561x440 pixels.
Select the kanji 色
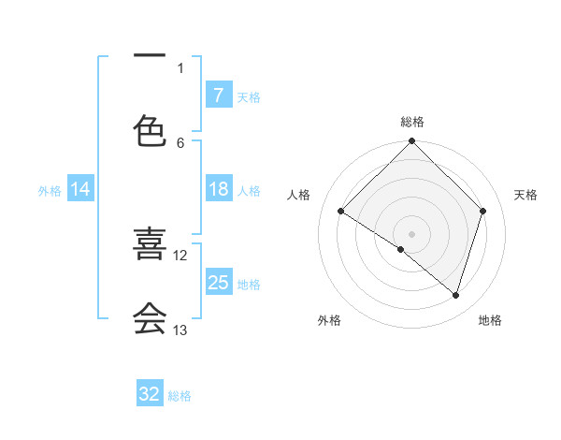150,133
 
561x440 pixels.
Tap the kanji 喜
150,245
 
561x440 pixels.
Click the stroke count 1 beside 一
180,67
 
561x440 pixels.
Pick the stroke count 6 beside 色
180,142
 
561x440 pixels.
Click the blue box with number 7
218,95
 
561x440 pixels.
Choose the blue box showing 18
218,190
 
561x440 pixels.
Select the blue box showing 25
218,283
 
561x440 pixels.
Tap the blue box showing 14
80,190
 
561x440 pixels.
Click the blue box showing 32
150,394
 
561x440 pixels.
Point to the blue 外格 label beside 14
50,191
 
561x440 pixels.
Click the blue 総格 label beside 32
180,396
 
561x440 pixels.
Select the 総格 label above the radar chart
412,123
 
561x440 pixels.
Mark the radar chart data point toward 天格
483,211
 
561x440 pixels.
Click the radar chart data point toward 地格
456,295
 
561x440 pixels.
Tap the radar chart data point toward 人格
341,211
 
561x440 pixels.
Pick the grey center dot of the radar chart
412,233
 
